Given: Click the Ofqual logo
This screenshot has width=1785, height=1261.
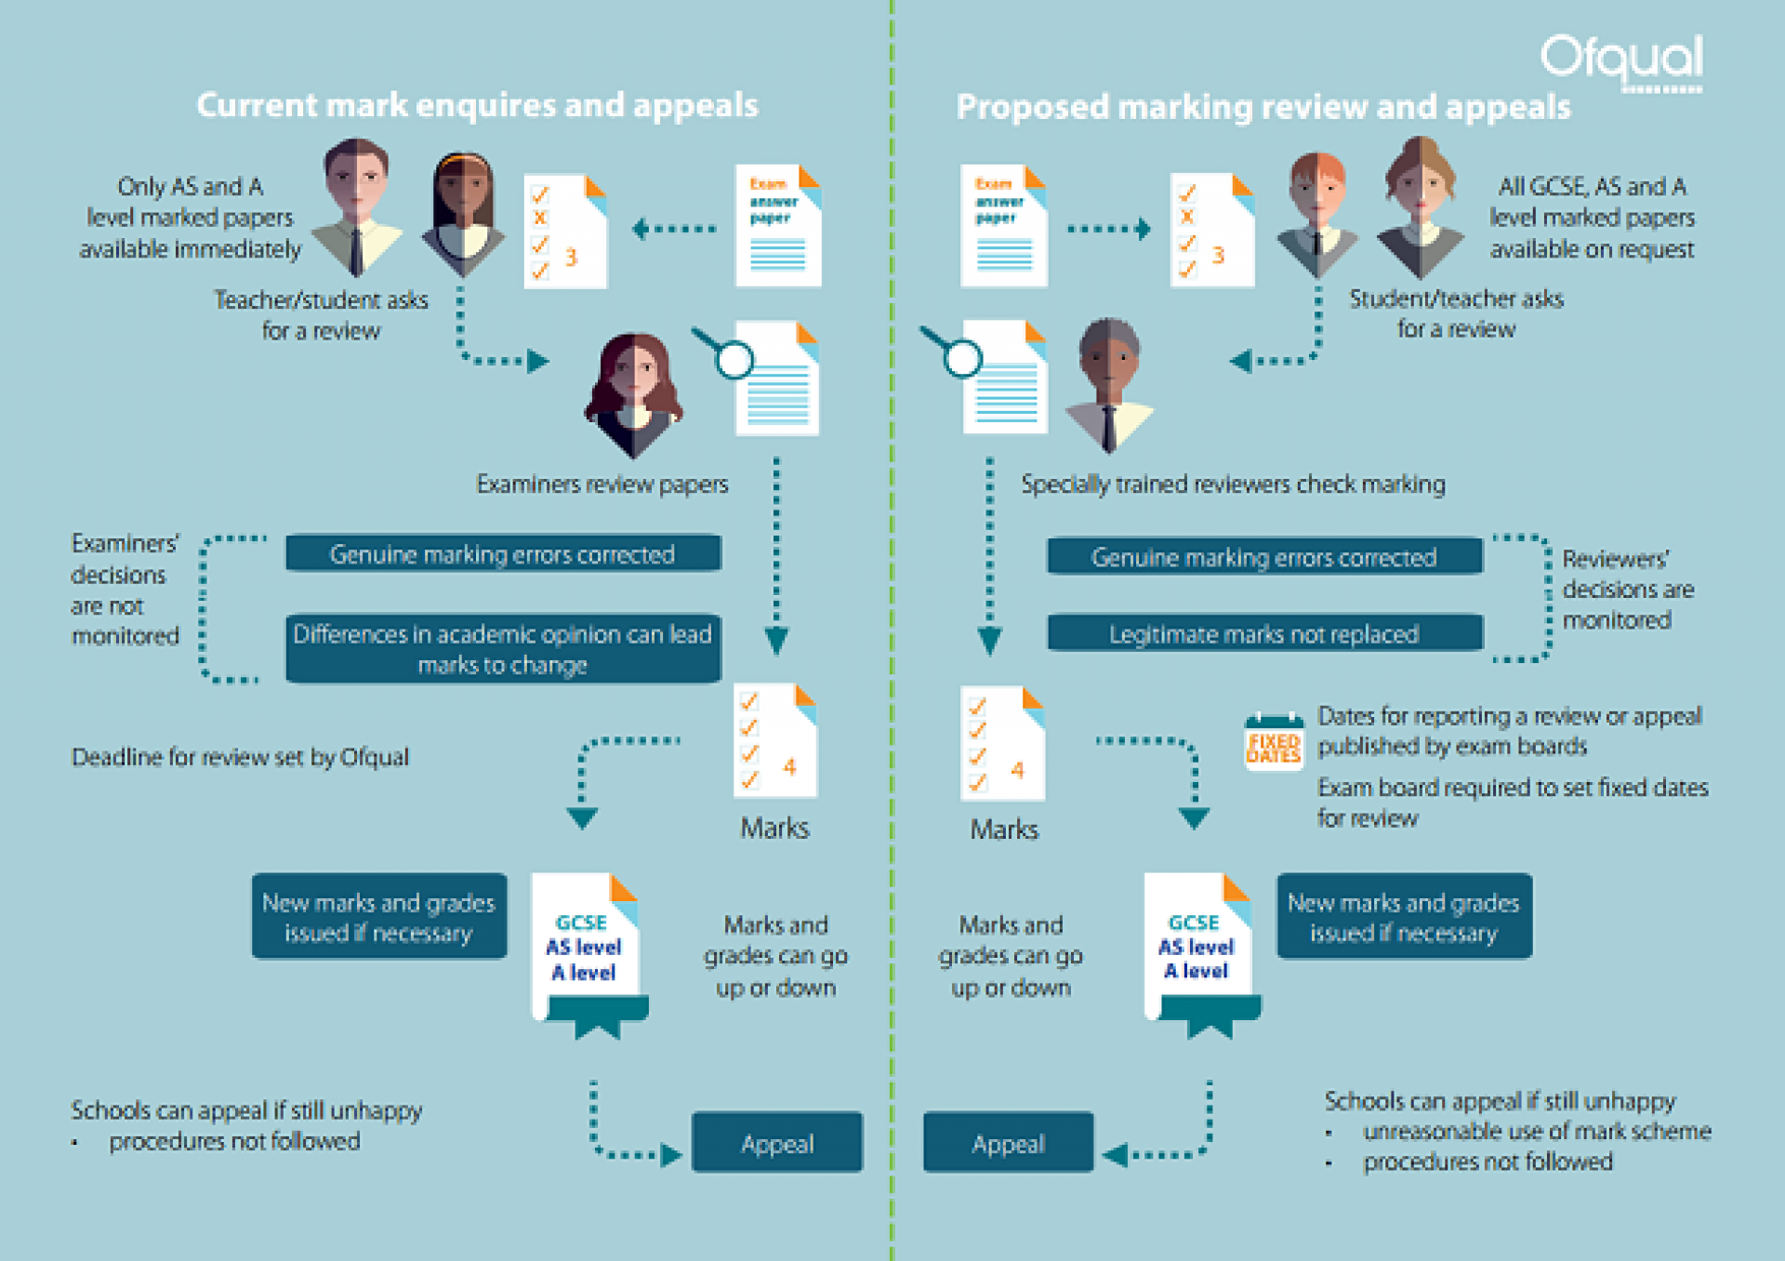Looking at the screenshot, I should [x=1622, y=61].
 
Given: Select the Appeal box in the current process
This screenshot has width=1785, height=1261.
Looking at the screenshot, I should [x=776, y=1142].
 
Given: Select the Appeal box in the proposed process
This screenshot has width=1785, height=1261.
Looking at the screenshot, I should [x=1008, y=1142].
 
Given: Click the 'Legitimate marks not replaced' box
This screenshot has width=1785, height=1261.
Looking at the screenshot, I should [x=1264, y=633].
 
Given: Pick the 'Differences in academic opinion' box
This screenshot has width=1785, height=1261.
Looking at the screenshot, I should [x=503, y=648].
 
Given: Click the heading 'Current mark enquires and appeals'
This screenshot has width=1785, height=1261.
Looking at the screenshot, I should [x=477, y=105].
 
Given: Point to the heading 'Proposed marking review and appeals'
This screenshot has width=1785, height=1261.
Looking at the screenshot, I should [x=1263, y=107].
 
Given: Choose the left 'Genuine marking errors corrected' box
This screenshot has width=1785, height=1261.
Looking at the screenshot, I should [x=503, y=553].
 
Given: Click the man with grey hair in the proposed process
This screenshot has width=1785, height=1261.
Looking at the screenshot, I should [x=1108, y=381].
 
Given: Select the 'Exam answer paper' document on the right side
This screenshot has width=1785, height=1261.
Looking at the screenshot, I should [x=1003, y=225].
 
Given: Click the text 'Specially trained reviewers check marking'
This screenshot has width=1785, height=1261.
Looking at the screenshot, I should [x=1233, y=484].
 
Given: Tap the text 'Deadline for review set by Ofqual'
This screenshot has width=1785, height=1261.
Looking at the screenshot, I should [x=240, y=757].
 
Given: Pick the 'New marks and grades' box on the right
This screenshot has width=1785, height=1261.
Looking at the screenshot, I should [x=1404, y=916].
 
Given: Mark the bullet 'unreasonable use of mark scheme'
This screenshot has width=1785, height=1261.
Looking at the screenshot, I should [x=1536, y=1131].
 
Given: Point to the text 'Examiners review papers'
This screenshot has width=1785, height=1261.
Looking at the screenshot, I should [x=602, y=484].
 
